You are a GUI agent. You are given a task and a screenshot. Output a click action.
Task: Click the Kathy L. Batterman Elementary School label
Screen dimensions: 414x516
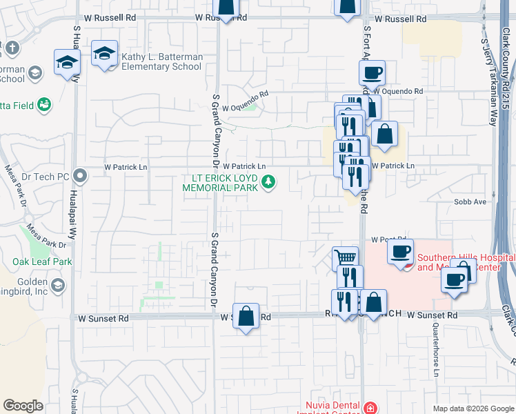tap(161, 62)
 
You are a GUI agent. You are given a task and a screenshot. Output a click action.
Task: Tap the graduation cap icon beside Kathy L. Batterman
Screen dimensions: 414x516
tap(104, 54)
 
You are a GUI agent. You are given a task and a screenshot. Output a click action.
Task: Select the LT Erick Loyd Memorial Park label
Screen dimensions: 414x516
tap(219, 182)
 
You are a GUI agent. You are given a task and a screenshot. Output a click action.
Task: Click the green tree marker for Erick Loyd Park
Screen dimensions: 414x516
tap(269, 183)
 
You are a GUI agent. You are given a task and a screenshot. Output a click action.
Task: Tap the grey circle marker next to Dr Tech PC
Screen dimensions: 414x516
tap(81, 176)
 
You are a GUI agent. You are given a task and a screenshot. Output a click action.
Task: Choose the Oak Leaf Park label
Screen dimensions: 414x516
tap(42, 262)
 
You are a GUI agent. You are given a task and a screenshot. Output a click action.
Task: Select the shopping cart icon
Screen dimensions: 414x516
tap(345, 259)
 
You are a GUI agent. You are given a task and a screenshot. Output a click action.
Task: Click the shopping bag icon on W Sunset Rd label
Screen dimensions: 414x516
tap(246, 316)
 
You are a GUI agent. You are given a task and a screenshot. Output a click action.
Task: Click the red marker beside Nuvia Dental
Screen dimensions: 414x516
tap(371, 407)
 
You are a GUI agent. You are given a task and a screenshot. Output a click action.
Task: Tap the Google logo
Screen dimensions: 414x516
tap(23, 406)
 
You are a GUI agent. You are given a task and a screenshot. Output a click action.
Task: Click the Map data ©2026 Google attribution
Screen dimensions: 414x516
tap(473, 408)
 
